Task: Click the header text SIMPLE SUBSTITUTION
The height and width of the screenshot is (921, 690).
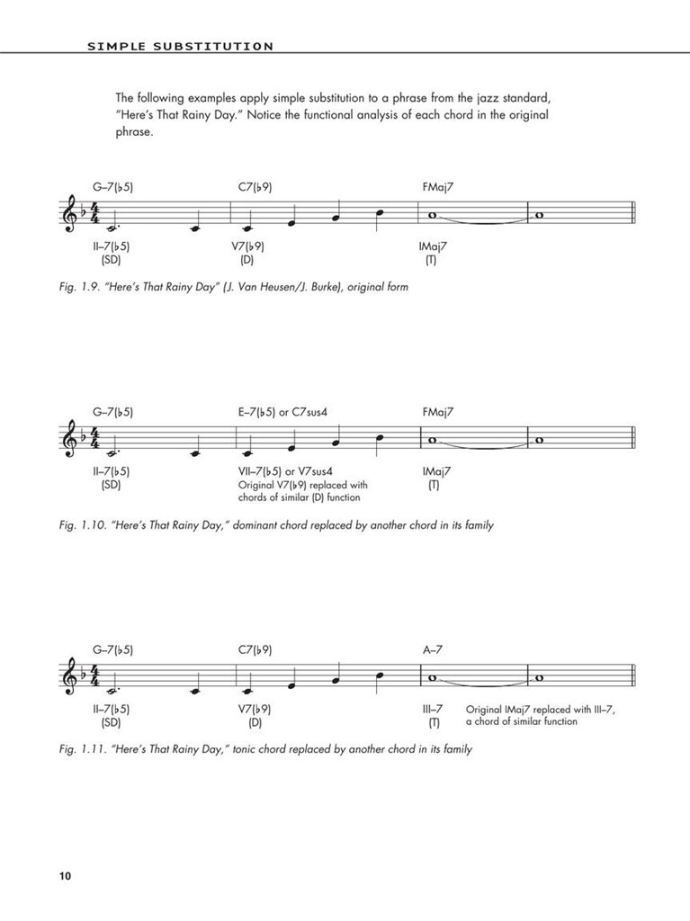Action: point(180,46)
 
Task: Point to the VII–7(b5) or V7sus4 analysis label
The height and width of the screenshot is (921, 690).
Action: point(286,471)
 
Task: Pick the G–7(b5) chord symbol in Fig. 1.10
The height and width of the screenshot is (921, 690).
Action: point(112,412)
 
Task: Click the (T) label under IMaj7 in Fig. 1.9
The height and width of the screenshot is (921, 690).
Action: point(430,260)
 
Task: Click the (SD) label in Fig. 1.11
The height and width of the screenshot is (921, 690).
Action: point(111,721)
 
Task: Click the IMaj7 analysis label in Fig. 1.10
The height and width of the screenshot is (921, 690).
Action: point(436,471)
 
